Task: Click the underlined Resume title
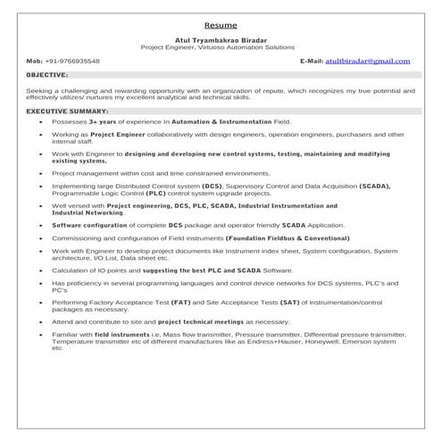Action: click(221, 25)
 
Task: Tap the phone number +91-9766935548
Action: click(76, 61)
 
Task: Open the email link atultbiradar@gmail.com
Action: click(367, 61)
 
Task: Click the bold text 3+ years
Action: click(104, 119)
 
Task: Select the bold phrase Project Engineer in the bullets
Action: click(119, 134)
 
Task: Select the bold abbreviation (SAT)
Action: click(304, 306)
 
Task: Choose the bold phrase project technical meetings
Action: click(212, 321)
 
